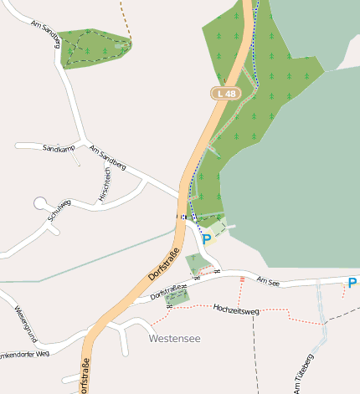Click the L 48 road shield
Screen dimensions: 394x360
click(223, 95)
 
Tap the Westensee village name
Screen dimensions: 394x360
click(175, 339)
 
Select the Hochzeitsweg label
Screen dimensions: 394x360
click(237, 309)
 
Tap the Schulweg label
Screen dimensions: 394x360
click(59, 210)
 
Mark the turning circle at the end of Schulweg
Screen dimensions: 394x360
click(39, 202)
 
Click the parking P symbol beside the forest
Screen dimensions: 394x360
click(207, 238)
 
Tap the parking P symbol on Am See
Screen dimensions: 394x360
click(352, 283)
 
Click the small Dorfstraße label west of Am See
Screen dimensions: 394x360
click(167, 290)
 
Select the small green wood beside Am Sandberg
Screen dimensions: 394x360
click(93, 47)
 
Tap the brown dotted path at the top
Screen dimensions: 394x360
click(126, 21)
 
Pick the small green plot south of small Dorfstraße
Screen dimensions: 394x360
click(177, 297)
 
